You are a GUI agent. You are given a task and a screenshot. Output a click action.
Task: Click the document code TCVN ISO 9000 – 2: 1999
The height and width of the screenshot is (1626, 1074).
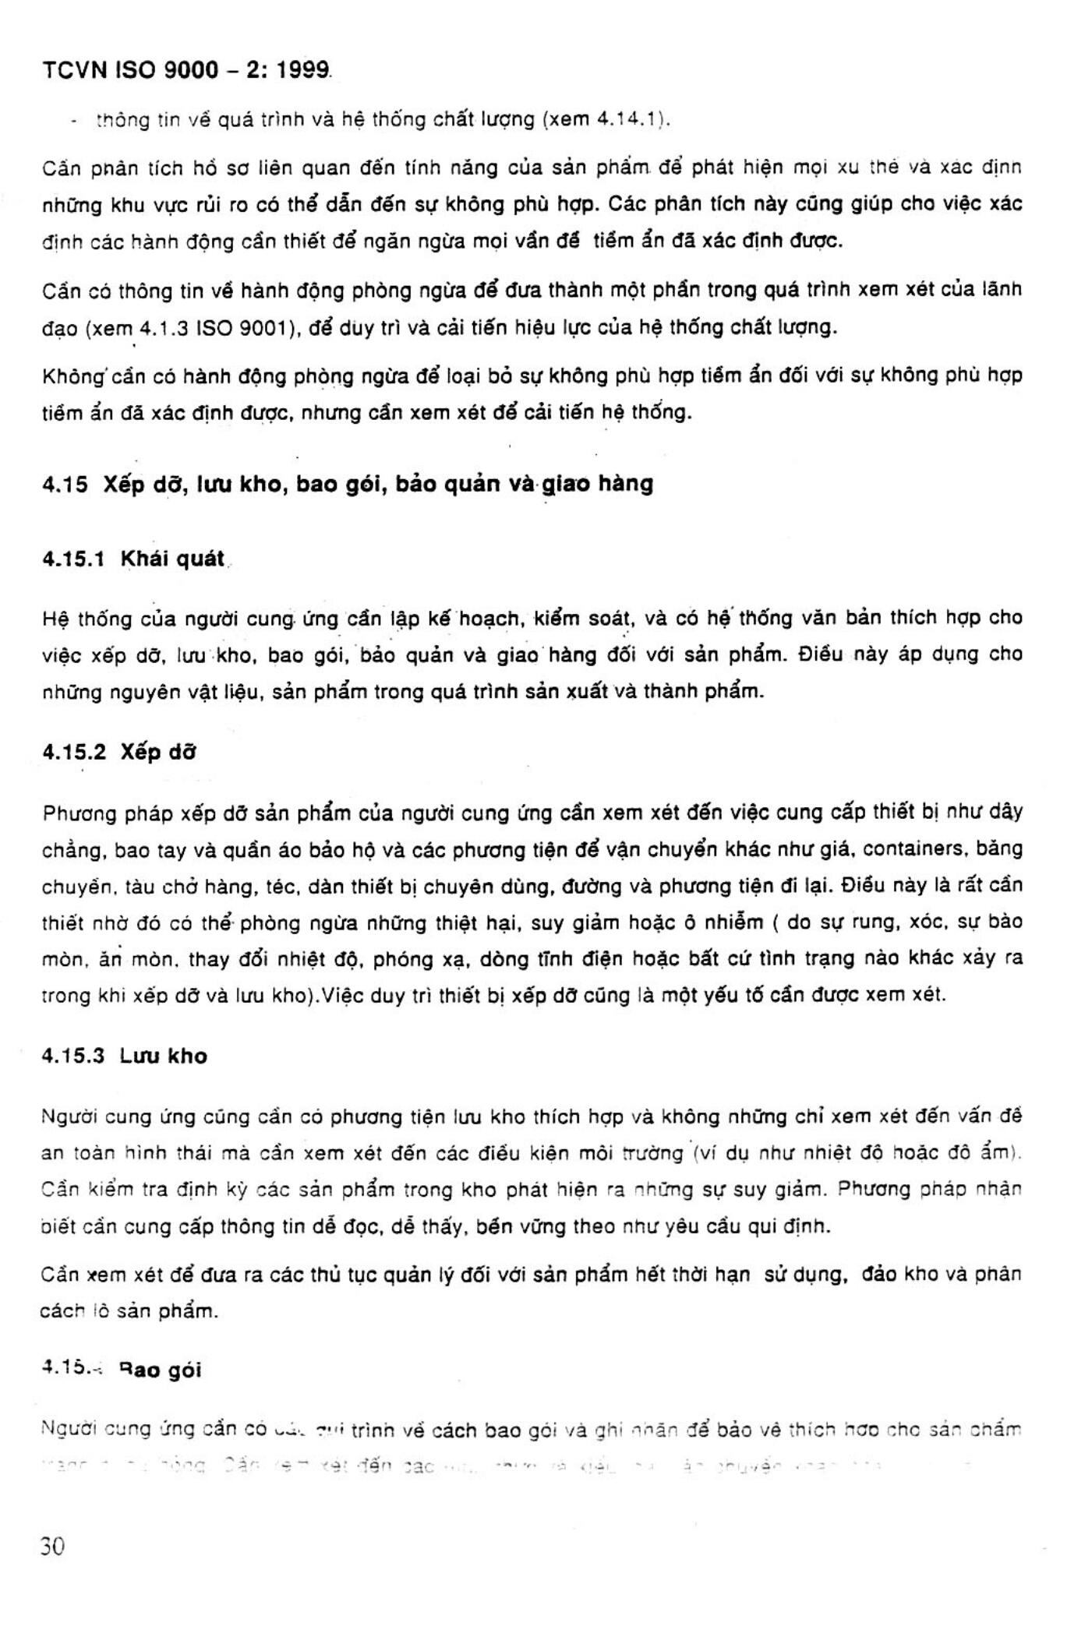[x=187, y=70]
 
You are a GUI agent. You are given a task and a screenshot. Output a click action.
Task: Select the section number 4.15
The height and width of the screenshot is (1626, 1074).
[x=65, y=485]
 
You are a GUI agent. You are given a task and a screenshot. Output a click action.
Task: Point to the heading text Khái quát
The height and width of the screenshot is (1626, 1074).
[x=172, y=559]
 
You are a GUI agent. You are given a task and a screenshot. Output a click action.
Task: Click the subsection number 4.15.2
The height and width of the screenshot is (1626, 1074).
[x=74, y=753]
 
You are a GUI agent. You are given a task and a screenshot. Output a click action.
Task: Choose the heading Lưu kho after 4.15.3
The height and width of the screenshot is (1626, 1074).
[x=164, y=1056]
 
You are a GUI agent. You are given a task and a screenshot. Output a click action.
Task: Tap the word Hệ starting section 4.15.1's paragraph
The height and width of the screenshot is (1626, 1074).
[x=55, y=619]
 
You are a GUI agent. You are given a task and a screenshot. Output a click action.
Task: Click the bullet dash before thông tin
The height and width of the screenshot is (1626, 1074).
[x=72, y=122]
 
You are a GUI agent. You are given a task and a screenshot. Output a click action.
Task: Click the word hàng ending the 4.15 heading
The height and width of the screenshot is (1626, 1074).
[x=626, y=485]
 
